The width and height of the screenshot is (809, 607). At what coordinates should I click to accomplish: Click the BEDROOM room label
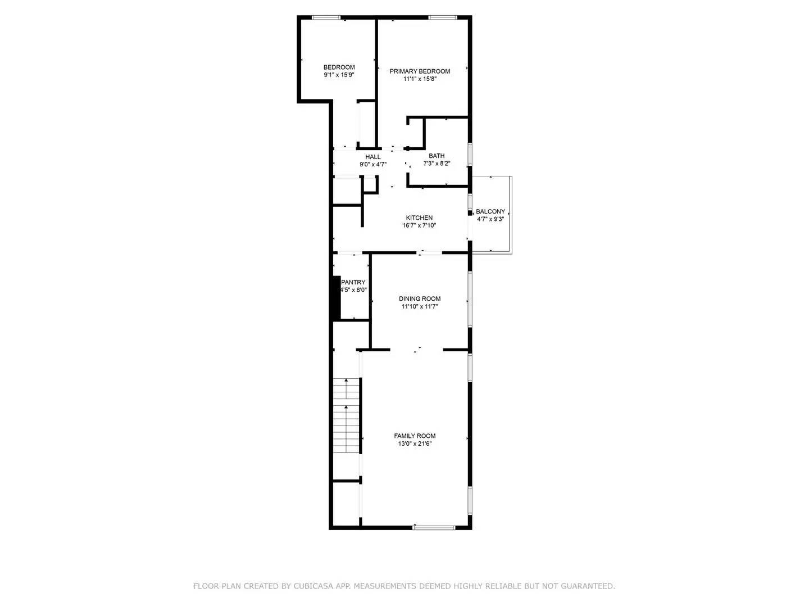click(x=339, y=67)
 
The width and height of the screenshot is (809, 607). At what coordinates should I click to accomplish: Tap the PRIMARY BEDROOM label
click(x=420, y=71)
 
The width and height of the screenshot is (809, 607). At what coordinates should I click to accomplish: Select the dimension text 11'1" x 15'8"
click(x=420, y=79)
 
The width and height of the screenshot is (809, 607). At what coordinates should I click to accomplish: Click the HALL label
click(x=373, y=157)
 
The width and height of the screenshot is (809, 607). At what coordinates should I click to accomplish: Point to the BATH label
click(x=437, y=156)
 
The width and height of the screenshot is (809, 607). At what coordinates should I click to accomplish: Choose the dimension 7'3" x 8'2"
click(x=437, y=164)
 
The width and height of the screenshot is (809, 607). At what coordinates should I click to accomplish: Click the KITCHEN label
click(x=419, y=218)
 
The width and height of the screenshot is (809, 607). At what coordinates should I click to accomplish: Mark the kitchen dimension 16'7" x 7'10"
click(x=419, y=225)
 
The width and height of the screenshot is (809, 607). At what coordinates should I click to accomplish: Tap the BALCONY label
click(x=490, y=212)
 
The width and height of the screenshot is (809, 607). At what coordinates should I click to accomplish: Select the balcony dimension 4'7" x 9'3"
click(x=490, y=219)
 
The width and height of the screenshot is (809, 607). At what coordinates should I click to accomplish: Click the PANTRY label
click(x=353, y=283)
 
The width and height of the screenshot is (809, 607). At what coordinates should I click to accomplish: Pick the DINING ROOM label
click(x=420, y=299)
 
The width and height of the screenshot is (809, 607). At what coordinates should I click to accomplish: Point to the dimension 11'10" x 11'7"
click(x=420, y=307)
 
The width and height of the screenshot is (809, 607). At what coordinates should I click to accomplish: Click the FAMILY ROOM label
click(x=415, y=436)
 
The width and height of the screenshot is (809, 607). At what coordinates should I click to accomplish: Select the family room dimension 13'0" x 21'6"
click(x=415, y=444)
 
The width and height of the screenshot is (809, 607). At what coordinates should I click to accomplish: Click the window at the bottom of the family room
click(x=434, y=527)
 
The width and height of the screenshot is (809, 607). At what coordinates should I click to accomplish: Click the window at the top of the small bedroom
click(x=326, y=18)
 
